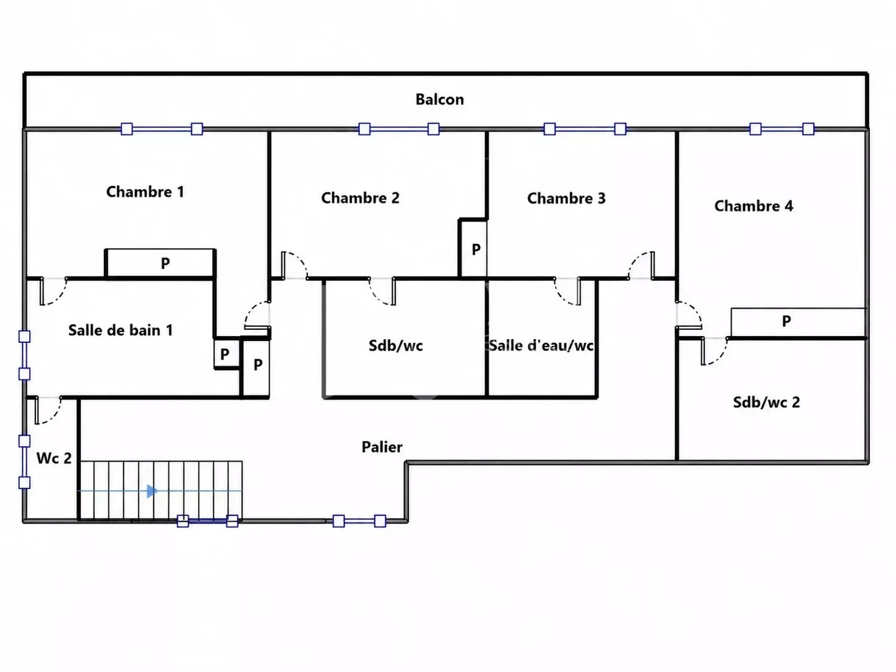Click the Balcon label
[439, 100]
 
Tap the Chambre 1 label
[145, 192]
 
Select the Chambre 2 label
[360, 198]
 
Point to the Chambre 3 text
[566, 198]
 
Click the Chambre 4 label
[754, 206]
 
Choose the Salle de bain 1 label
[121, 330]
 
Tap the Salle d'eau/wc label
[541, 345]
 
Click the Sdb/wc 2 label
[766, 402]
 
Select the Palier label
[382, 447]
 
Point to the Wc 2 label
[54, 458]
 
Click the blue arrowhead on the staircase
[152, 491]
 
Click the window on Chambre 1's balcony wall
[162, 129]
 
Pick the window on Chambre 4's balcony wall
[782, 129]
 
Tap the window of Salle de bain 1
[25, 355]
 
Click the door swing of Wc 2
[48, 411]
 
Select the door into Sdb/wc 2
[714, 351]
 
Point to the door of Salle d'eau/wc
[567, 291]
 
